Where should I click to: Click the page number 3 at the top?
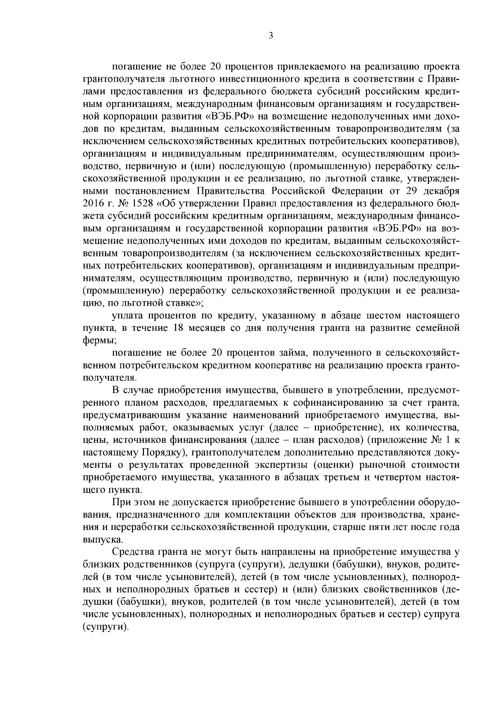271,36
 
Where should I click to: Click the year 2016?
93,203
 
